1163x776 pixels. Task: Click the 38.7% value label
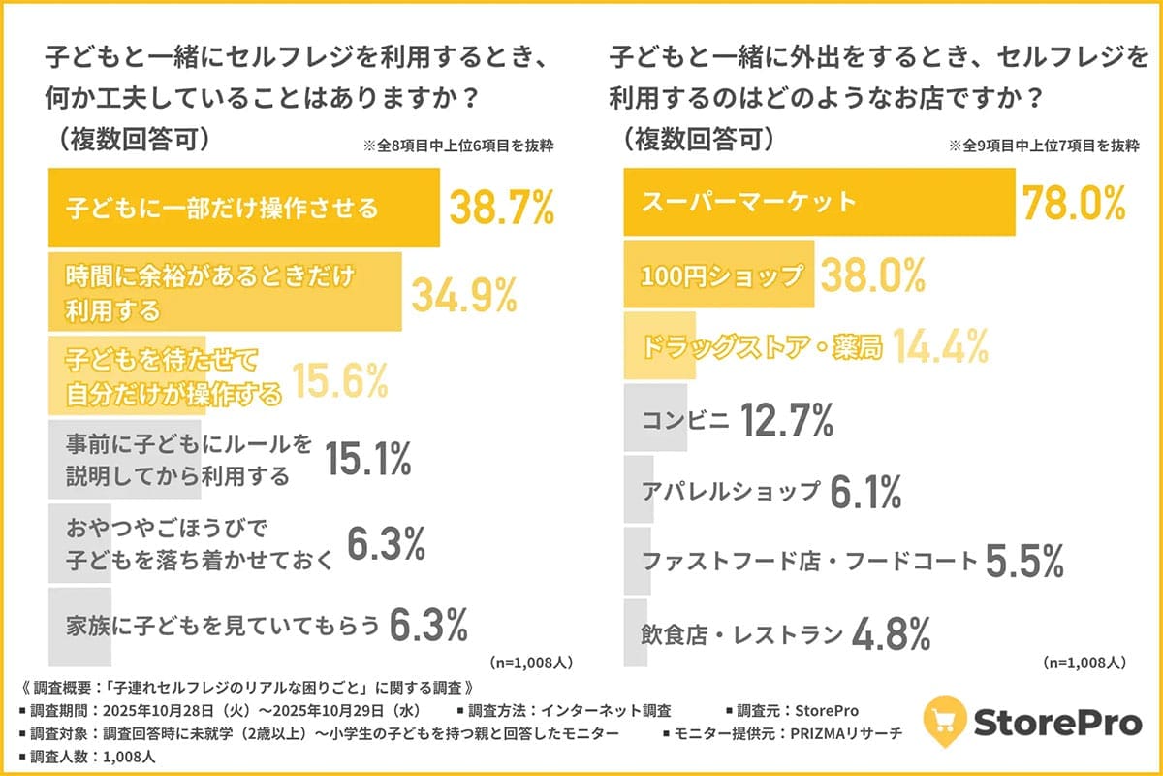[501, 208]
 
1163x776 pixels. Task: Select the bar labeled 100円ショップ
[717, 275]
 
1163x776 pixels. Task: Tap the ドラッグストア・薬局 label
[762, 347]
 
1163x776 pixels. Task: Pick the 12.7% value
[787, 420]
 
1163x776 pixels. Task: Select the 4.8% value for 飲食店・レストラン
[891, 634]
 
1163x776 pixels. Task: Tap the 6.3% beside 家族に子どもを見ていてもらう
[428, 626]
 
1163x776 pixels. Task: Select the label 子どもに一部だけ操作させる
[222, 208]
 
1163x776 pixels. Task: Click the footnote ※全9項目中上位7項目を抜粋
[1043, 145]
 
